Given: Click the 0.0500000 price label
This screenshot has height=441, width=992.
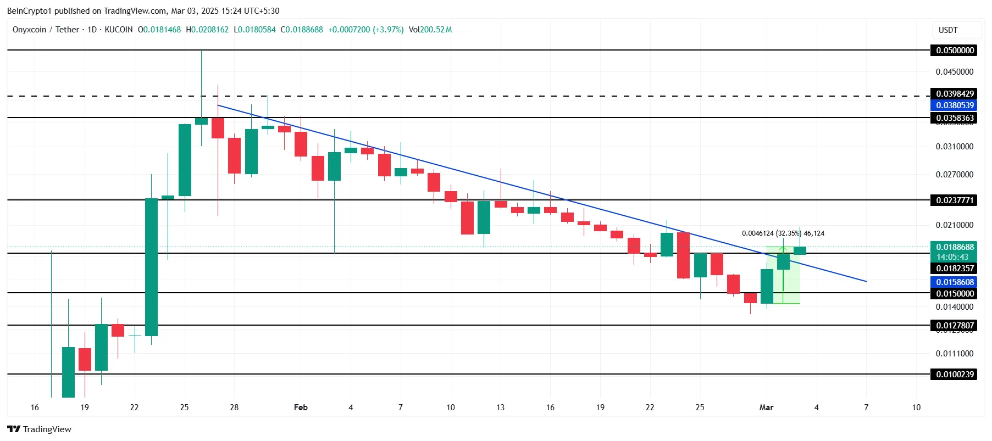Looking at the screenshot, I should coord(955,51).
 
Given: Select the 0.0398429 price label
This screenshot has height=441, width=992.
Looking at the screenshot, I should coord(955,94).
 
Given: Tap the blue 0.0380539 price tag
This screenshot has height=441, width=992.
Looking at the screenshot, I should coord(955,105).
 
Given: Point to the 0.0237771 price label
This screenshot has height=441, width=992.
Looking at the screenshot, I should coord(955,200).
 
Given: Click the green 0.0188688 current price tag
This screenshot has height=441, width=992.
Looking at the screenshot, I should coord(955,247).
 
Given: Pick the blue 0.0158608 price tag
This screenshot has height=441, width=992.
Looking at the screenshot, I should coord(955,282).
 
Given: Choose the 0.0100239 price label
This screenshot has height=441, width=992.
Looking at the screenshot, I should coord(955,375).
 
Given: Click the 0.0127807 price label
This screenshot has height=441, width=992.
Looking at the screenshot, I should coord(955,326).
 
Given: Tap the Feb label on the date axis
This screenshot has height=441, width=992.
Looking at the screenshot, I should coord(301,407).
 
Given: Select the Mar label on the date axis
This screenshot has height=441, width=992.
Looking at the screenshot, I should coord(766,407).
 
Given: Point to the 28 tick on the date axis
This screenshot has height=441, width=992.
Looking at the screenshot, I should coord(234,407).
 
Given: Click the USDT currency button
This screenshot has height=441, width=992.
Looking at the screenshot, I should coord(948,30).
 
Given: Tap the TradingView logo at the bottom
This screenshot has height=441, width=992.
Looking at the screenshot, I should coord(40,429).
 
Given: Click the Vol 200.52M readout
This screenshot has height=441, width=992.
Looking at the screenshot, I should coord(430,30).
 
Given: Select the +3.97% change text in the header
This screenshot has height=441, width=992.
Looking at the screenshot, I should coord(388,30).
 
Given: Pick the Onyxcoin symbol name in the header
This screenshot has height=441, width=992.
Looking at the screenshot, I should coord(29,30).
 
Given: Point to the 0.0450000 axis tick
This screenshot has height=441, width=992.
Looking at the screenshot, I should coord(954,72).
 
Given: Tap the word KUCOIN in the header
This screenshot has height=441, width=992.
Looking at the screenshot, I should coord(118,30).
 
